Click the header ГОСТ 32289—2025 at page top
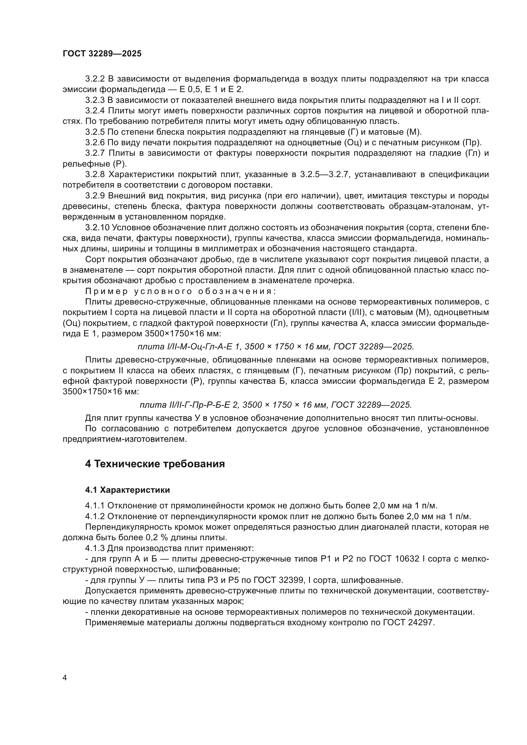pos(102,54)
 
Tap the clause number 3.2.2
pos(95,79)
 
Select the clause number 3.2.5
pos(95,132)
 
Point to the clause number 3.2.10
pos(97,228)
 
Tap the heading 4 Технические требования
pos(155,464)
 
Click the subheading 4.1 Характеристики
pos(127,490)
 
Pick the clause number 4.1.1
pos(95,506)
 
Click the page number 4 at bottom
pos(65,678)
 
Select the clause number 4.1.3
pos(95,548)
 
